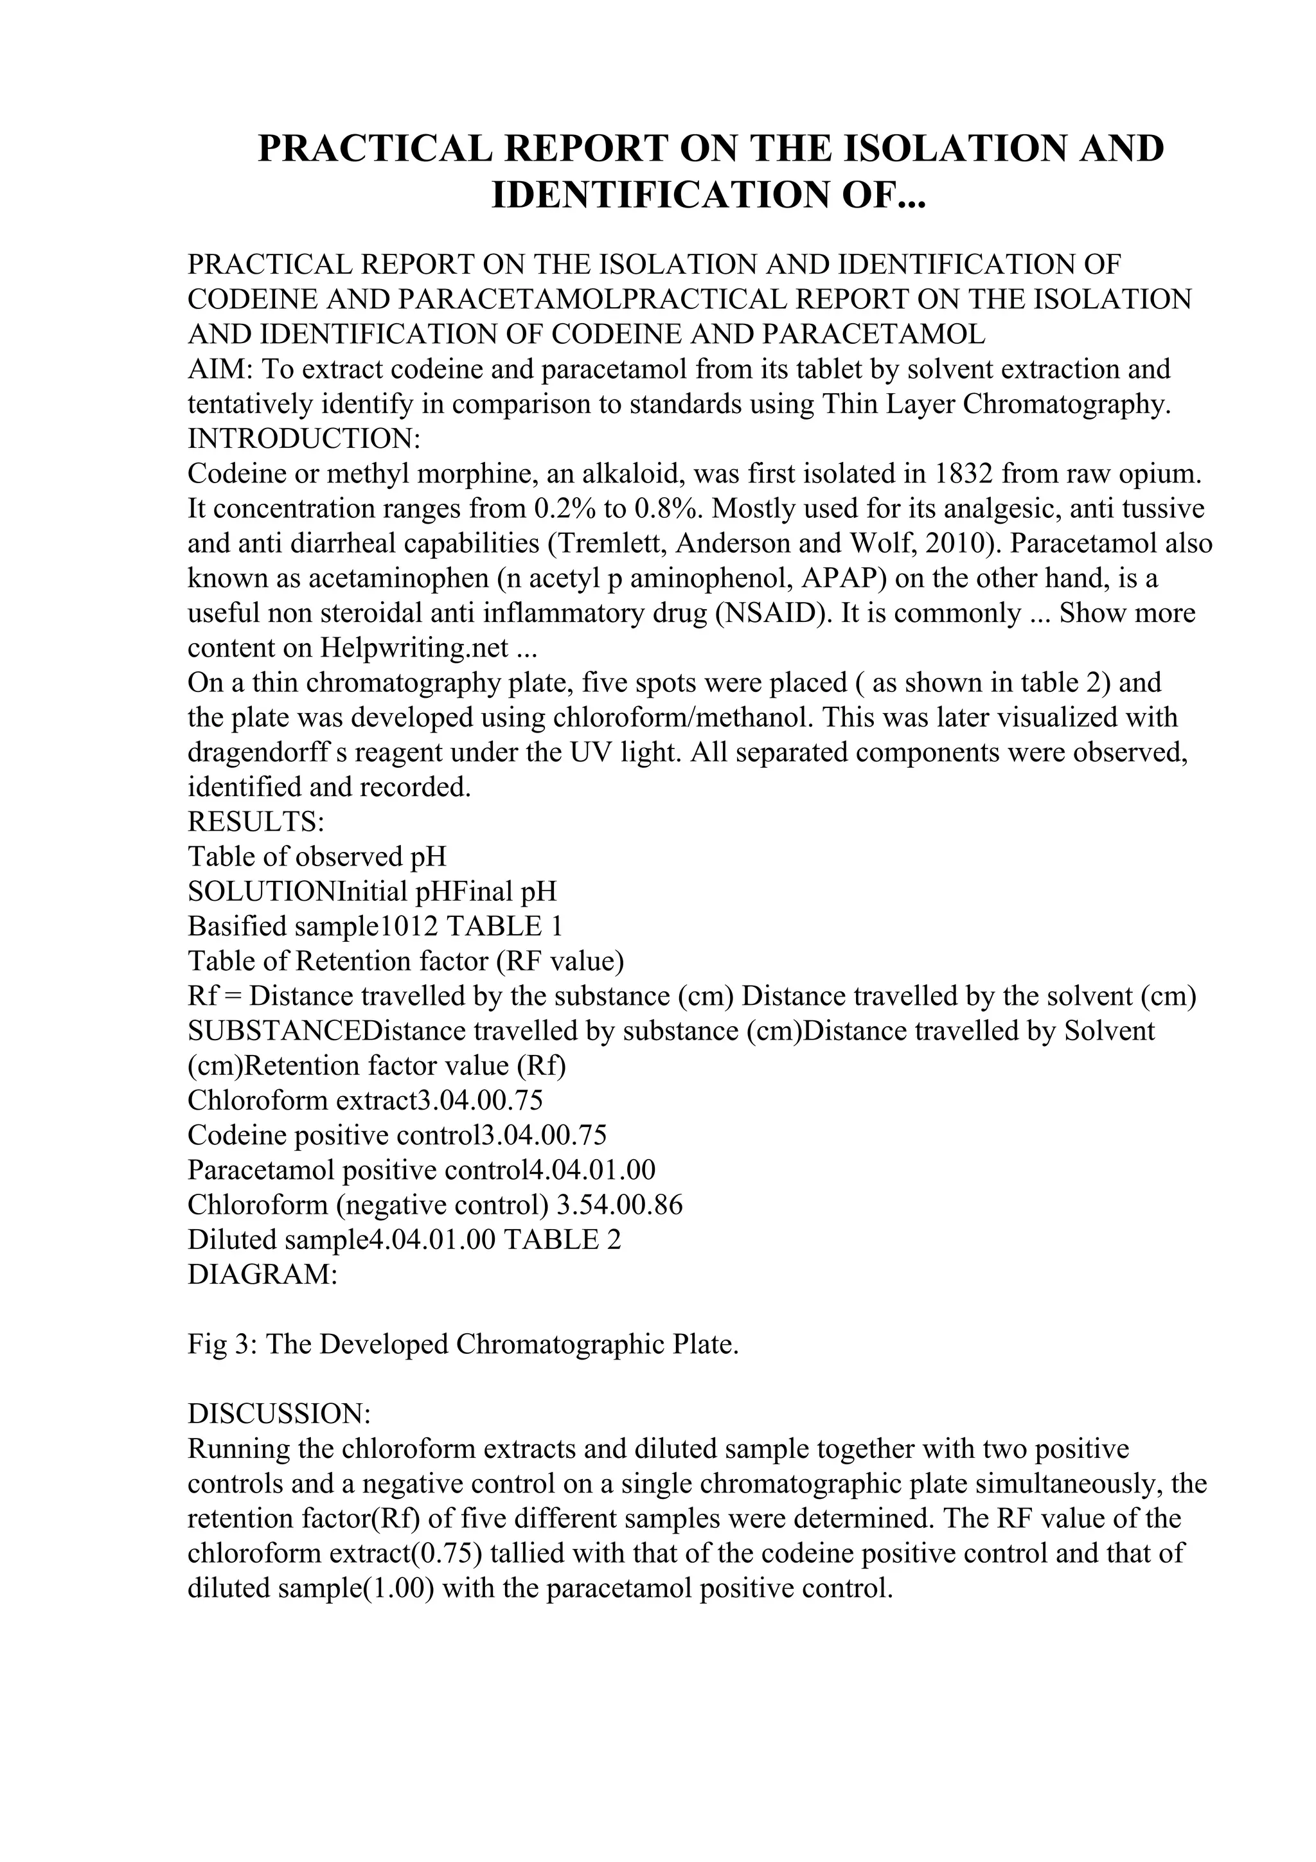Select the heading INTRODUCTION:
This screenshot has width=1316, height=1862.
point(304,439)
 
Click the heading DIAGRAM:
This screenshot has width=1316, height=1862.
point(263,1275)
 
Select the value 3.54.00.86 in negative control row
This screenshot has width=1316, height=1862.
point(619,1206)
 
